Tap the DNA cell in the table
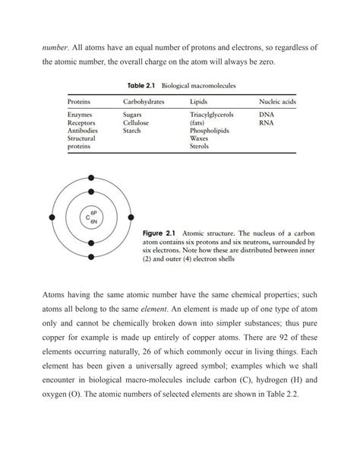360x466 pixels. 266,115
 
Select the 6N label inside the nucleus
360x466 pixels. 94,220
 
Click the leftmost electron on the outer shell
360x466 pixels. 51,217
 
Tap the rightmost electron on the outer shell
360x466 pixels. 131,217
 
